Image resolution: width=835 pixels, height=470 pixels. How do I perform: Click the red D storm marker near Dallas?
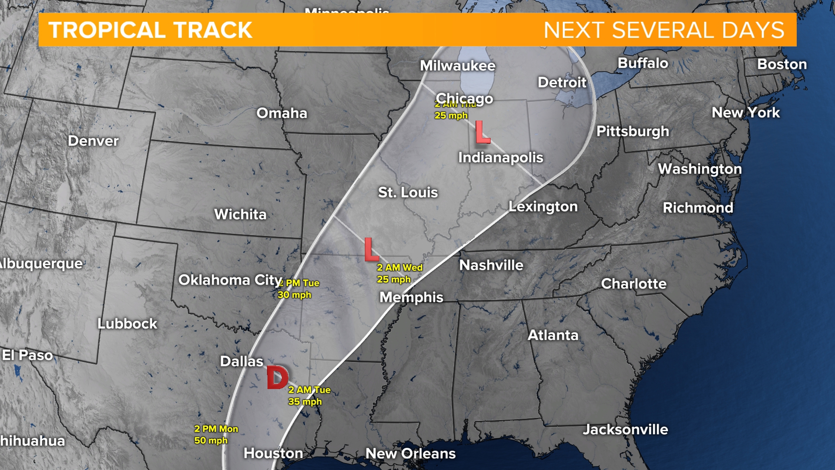(x=277, y=377)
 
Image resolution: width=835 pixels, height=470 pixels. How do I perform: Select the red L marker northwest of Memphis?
(x=371, y=249)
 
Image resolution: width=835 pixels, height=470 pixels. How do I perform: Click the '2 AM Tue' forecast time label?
(x=309, y=390)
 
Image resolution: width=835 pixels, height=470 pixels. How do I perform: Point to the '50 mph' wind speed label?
(x=210, y=440)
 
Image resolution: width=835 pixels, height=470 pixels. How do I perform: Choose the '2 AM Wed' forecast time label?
(x=400, y=268)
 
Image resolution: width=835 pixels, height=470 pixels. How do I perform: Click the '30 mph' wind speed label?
(x=294, y=295)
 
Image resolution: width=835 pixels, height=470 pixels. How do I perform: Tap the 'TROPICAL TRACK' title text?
(x=150, y=30)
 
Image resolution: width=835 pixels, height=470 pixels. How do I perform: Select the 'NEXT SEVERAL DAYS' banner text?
(x=664, y=30)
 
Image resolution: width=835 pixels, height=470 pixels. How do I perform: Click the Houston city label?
(x=273, y=453)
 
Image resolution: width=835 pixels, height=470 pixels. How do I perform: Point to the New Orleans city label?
(x=411, y=453)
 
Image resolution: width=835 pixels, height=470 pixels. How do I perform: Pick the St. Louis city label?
(x=408, y=192)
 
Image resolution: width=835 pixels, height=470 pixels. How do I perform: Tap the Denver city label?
(x=93, y=141)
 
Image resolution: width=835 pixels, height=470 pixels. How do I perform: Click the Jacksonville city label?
(x=625, y=430)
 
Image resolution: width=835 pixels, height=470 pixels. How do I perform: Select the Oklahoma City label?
(x=230, y=280)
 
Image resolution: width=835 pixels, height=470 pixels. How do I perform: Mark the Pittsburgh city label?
(x=633, y=131)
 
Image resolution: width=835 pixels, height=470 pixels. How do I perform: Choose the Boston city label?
(x=782, y=64)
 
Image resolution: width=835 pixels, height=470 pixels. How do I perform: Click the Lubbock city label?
(x=127, y=324)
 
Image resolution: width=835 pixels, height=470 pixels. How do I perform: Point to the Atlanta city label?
(x=553, y=335)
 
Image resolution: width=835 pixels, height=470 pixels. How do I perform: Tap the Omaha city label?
(x=282, y=113)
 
